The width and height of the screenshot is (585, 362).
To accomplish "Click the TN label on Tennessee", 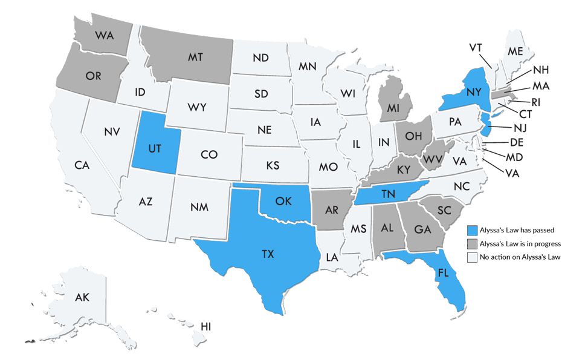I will tap(389, 193).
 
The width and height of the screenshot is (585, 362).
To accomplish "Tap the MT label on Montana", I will tap(195, 56).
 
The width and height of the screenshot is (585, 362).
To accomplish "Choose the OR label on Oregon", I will tap(93, 76).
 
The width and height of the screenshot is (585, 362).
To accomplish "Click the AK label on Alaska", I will tap(83, 297).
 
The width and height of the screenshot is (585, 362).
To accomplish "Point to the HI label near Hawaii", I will tap(206, 326).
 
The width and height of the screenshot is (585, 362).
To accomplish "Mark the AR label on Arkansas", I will tap(332, 211).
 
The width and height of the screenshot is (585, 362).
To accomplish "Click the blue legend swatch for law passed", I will tap(474, 230).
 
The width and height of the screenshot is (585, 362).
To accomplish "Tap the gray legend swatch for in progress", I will tap(474, 243).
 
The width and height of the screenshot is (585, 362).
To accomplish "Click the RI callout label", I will tap(535, 102).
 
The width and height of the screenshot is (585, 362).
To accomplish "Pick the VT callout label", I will tap(476, 47).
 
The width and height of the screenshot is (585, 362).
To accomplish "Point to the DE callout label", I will tap(517, 143).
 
